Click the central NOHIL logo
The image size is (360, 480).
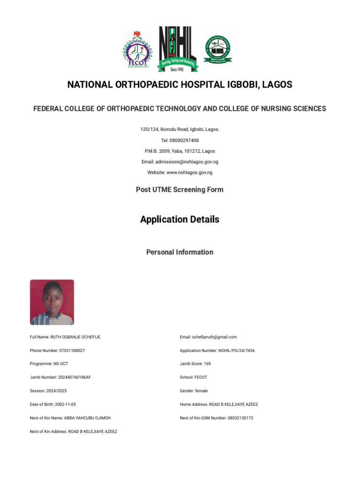tap(178, 49)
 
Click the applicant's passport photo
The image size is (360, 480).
tap(52, 302)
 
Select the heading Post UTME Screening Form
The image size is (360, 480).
tap(180, 190)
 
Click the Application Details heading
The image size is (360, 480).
tap(180, 219)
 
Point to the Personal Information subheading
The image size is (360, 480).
tap(180, 252)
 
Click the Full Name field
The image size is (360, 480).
tap(65, 337)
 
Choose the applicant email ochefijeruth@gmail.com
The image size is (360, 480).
tap(208, 337)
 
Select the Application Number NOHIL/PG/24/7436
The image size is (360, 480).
tap(217, 351)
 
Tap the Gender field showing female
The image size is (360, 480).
tap(194, 391)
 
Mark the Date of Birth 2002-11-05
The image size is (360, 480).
tap(52, 404)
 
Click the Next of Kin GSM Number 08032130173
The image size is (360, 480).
tap(216, 418)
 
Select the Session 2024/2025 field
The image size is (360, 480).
tap(50, 391)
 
